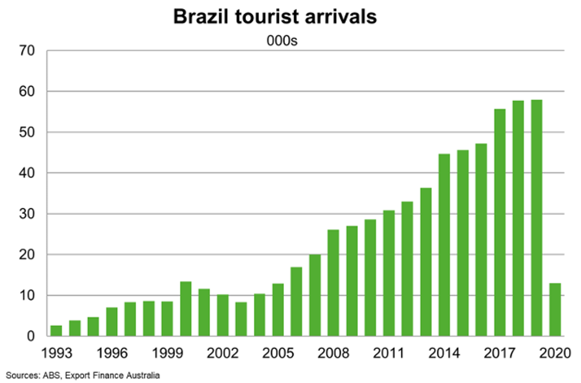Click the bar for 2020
tap(555, 310)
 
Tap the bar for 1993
tap(56, 331)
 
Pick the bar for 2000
tap(186, 309)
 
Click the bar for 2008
tap(333, 283)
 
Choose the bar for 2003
tap(241, 319)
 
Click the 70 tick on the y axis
tap(27, 51)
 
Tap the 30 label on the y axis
tap(27, 214)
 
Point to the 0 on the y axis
tap(31, 336)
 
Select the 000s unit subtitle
tap(282, 41)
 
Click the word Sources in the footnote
tap(23, 376)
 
